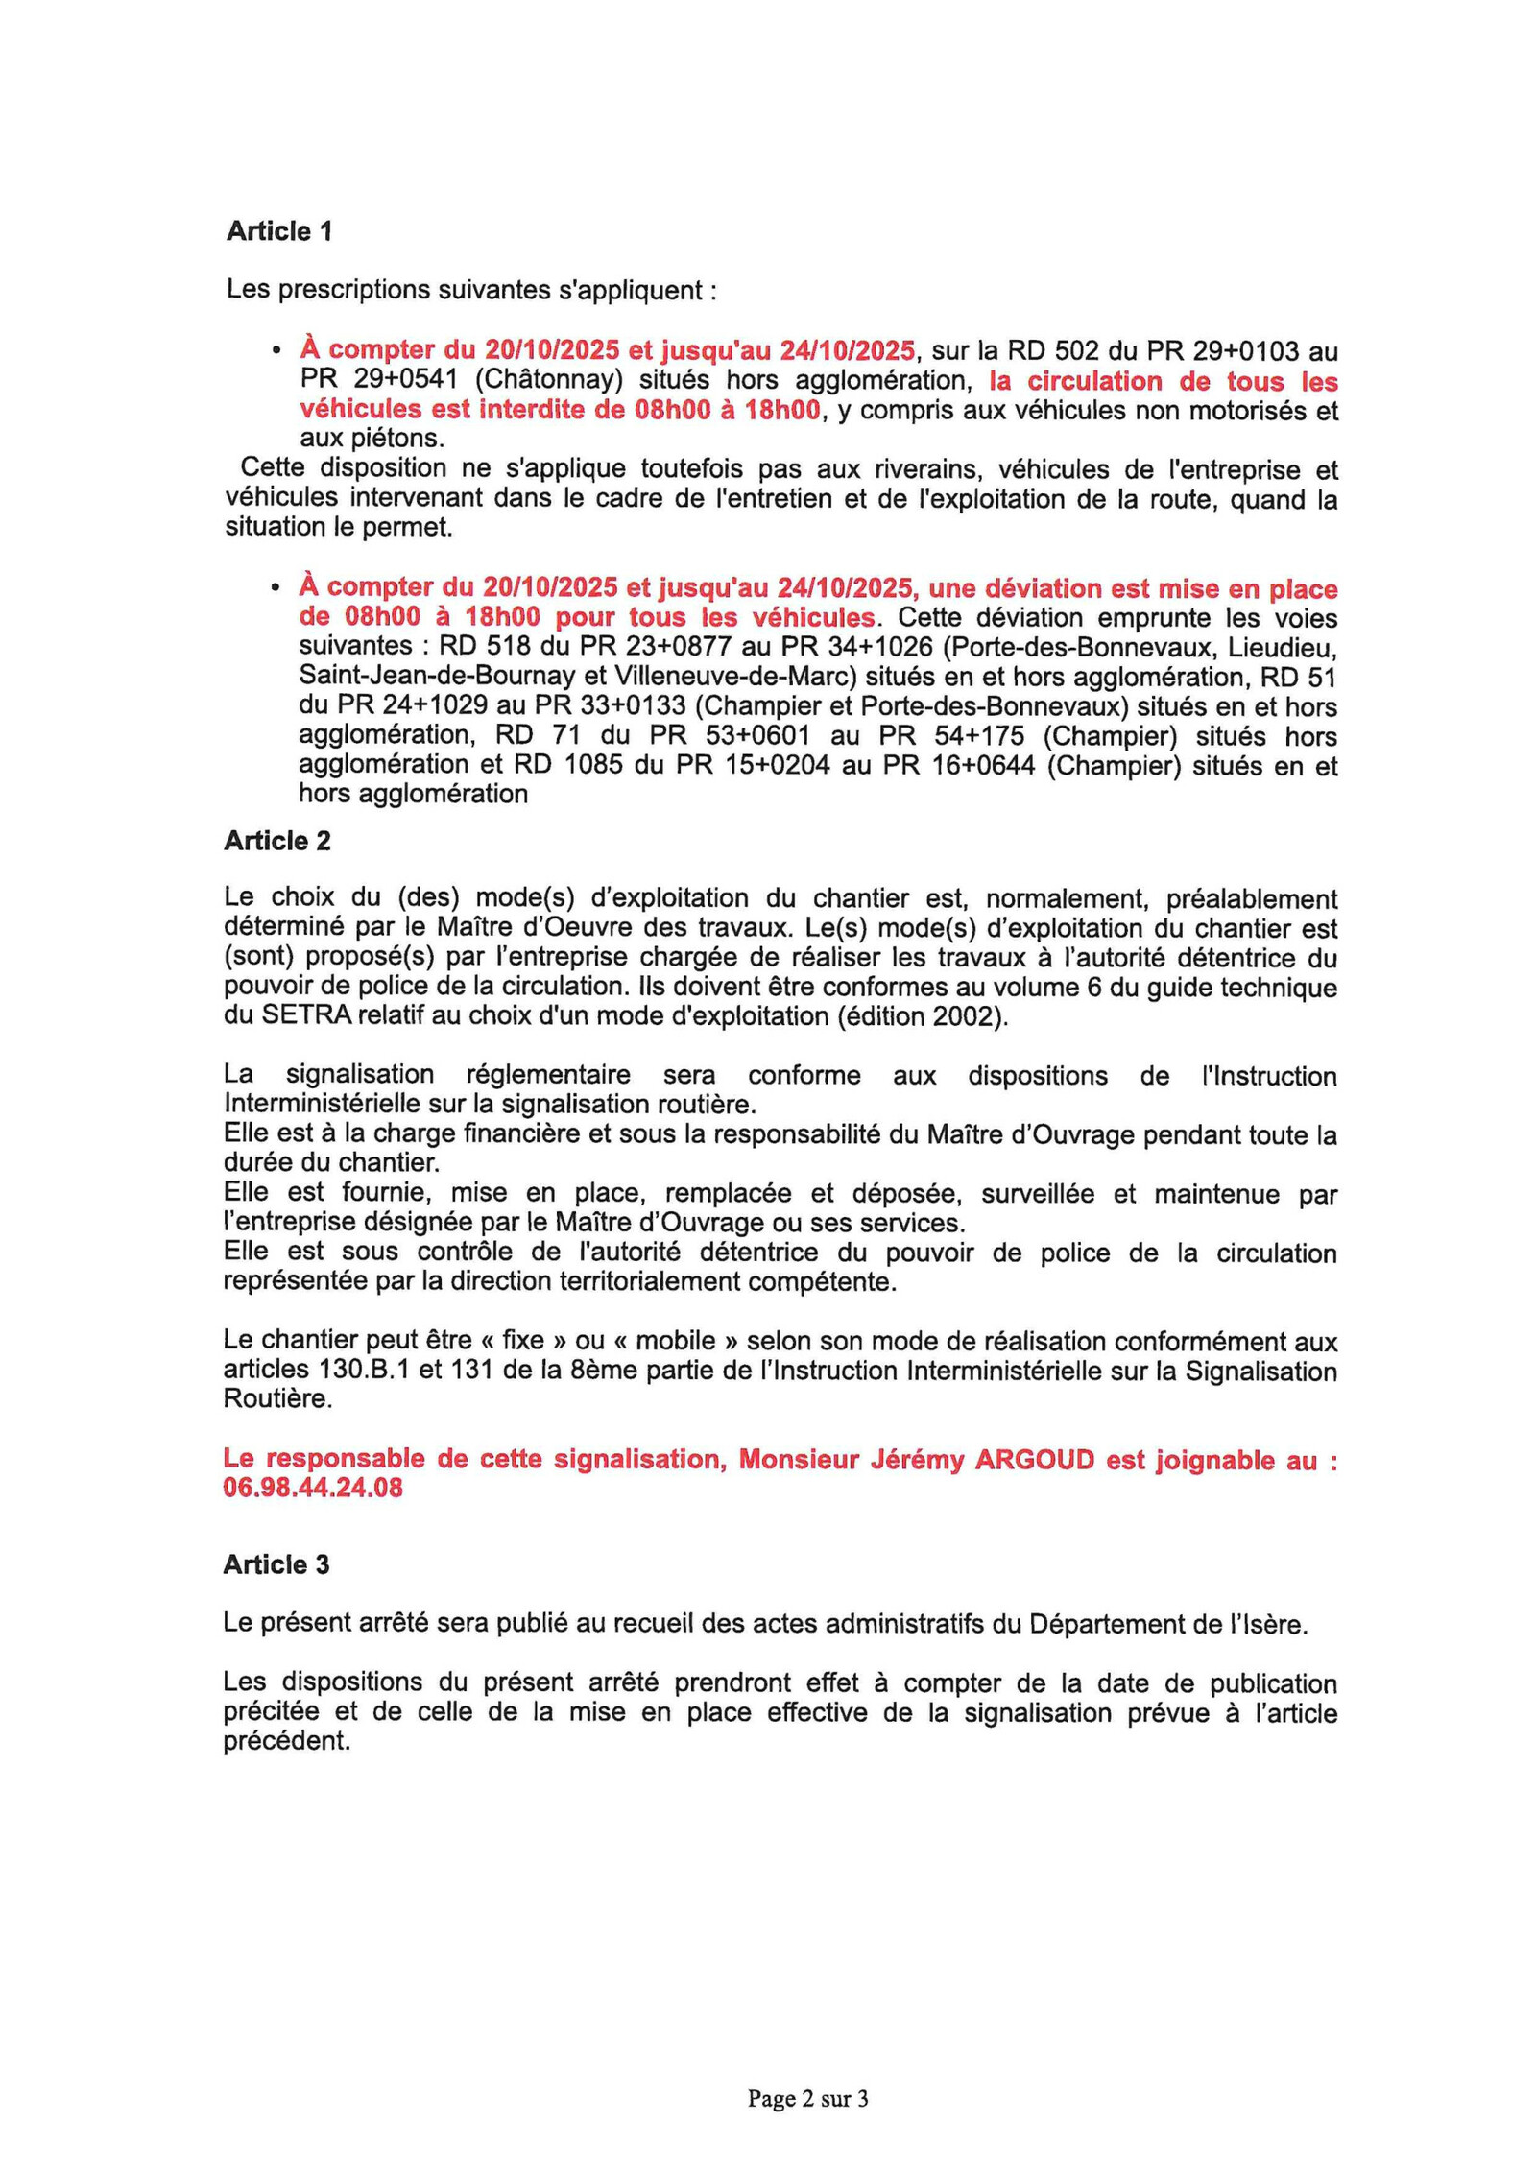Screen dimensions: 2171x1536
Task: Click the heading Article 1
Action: click(x=278, y=231)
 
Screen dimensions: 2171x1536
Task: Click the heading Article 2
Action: click(x=276, y=841)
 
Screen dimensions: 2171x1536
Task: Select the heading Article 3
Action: click(x=276, y=1564)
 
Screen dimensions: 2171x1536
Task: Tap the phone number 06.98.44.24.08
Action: click(x=312, y=1488)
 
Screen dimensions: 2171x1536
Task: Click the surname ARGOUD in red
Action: click(x=1034, y=1459)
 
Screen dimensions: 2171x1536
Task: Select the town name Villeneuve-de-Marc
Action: click(x=734, y=677)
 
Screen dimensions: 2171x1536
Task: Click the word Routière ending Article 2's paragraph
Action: click(x=277, y=1398)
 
